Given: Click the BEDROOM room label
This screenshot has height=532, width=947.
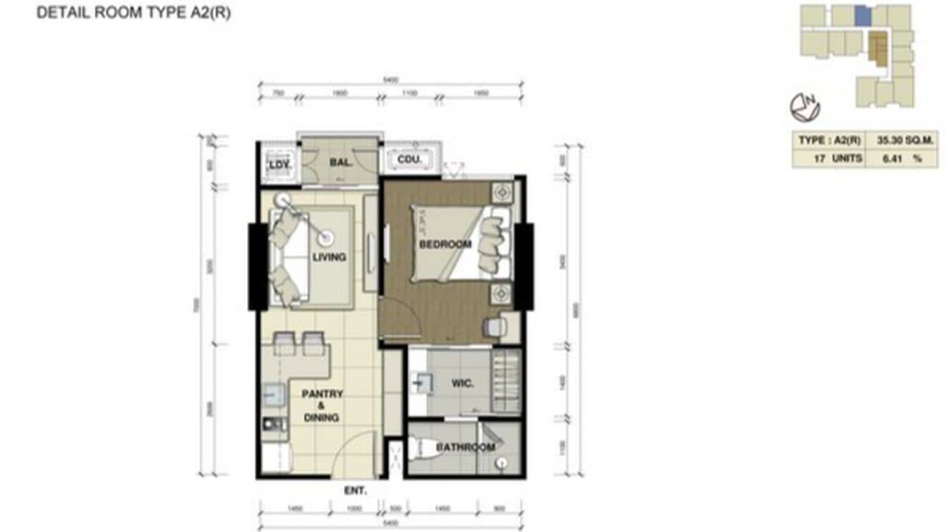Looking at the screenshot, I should click(445, 244).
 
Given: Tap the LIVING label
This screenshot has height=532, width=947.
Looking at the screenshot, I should click(329, 257).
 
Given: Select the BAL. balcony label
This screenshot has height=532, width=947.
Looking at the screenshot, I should click(341, 162).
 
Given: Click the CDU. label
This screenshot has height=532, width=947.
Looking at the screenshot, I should click(409, 160).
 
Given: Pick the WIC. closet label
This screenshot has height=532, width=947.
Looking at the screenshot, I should click(462, 384).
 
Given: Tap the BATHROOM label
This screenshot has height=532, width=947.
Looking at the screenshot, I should click(465, 447).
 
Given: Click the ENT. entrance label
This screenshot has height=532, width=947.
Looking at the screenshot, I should click(355, 490).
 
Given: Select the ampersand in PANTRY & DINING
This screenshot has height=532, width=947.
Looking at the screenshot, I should click(321, 406).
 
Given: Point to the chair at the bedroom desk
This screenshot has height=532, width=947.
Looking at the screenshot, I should click(495, 326).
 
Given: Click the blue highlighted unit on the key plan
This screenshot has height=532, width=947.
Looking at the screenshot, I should click(862, 15).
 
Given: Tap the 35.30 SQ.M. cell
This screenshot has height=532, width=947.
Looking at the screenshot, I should click(906, 140).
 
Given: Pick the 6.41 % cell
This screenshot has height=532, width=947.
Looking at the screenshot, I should click(906, 159).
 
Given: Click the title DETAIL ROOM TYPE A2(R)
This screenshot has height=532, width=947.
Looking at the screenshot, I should click(133, 13).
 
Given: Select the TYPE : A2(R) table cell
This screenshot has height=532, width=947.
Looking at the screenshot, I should click(830, 140).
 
